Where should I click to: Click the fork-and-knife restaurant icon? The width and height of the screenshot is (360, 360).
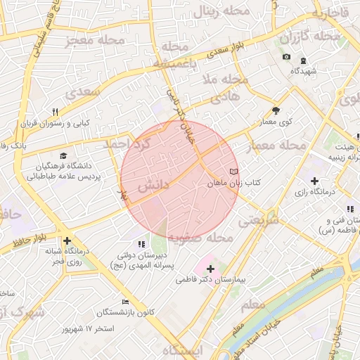point(55,112)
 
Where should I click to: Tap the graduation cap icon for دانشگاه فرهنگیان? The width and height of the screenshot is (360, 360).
point(64,155)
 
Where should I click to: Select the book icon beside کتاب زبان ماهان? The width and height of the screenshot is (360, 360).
point(233,172)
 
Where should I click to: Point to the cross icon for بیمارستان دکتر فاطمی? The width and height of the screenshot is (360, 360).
point(210,269)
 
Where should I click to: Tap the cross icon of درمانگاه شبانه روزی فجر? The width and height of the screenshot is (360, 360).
point(67,241)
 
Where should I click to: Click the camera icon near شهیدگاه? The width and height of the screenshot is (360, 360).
point(286,57)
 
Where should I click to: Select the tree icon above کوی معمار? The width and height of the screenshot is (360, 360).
point(276,110)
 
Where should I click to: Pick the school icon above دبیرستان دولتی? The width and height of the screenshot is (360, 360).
point(143,244)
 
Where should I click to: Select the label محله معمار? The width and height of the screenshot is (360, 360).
point(278,146)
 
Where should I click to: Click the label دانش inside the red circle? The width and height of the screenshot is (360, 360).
point(151,186)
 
